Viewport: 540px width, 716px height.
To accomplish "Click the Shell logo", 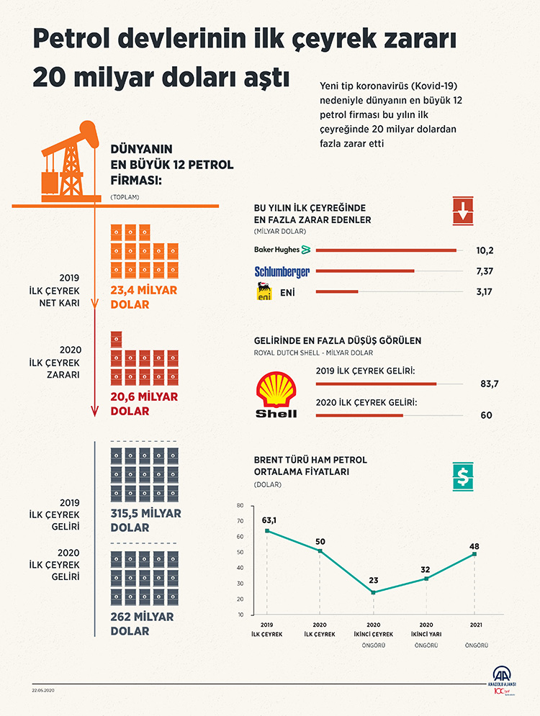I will [276, 394].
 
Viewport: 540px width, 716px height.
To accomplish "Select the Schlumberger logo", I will [282, 271].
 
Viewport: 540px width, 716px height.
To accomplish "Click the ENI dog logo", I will [264, 291].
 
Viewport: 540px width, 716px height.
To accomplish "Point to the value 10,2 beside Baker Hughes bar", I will [485, 250].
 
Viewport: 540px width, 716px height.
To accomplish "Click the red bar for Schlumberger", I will [365, 271].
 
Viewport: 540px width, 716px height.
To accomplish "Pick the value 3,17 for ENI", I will [485, 292].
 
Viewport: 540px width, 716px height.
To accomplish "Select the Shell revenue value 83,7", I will [489, 384].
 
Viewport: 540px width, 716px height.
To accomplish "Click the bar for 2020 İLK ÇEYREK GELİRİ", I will [359, 415].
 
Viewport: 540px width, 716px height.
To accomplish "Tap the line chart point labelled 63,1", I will [267, 531].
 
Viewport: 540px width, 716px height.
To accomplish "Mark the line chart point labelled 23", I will [374, 592].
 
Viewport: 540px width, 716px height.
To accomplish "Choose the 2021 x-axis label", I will [476, 623].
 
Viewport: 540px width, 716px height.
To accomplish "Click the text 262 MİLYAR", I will [141, 617].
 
